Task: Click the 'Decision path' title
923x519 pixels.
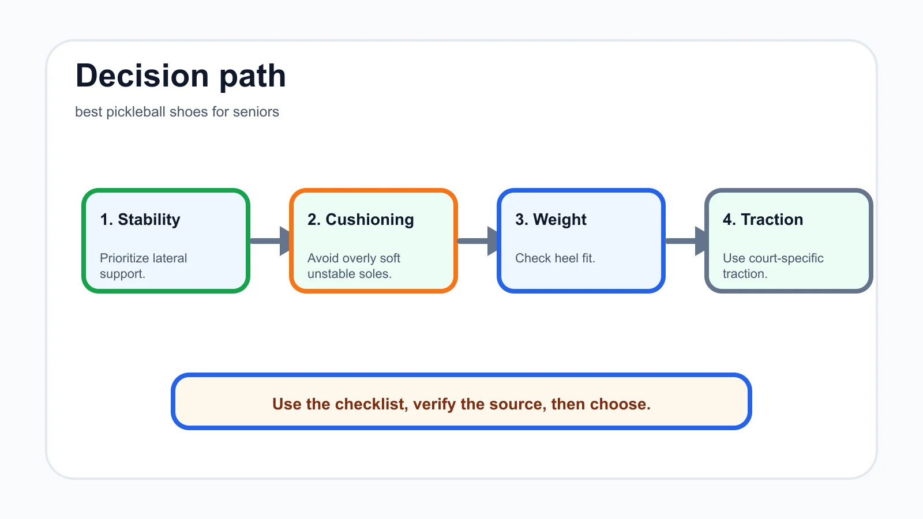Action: [x=181, y=76]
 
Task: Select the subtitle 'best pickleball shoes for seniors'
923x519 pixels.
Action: [x=177, y=112]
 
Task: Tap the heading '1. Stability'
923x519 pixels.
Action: [x=140, y=220]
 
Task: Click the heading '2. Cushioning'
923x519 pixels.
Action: [x=361, y=220]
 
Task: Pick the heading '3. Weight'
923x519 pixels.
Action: [x=550, y=220]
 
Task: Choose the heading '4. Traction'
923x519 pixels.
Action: [x=763, y=220]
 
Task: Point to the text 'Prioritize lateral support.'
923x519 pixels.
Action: [x=144, y=266]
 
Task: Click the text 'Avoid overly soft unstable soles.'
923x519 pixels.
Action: [x=354, y=266]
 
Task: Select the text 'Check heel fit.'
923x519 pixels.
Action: [x=555, y=258]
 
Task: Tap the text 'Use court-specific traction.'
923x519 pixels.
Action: [x=773, y=266]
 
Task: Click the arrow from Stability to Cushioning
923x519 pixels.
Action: [x=270, y=241]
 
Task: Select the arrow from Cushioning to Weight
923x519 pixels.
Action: [x=478, y=241]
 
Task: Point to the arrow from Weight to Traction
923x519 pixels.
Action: [x=685, y=241]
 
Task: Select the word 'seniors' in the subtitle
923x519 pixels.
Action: [x=256, y=112]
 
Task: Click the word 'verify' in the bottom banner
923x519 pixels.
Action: [x=434, y=404]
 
